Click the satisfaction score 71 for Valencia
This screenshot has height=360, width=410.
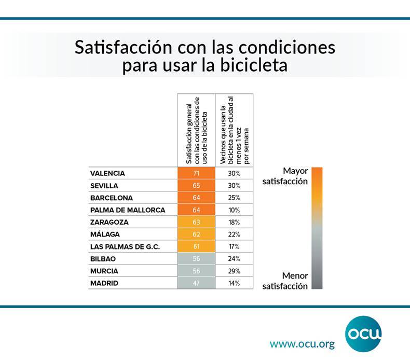(196, 173)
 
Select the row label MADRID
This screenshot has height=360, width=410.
(104, 283)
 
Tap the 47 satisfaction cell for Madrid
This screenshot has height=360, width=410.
(196, 283)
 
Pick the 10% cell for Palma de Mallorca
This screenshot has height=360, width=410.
(234, 210)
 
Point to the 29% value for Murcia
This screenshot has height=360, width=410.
(234, 271)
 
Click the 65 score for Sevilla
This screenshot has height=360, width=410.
(196, 186)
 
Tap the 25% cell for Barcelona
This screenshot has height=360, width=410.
(234, 198)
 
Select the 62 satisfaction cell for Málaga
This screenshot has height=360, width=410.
(196, 234)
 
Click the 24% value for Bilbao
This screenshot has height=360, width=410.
(234, 259)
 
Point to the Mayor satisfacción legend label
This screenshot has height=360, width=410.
(289, 176)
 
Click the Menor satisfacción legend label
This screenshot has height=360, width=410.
(285, 281)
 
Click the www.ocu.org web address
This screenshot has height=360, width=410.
(302, 344)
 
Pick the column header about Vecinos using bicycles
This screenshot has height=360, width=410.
(234, 130)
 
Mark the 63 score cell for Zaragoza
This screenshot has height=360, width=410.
(196, 222)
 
